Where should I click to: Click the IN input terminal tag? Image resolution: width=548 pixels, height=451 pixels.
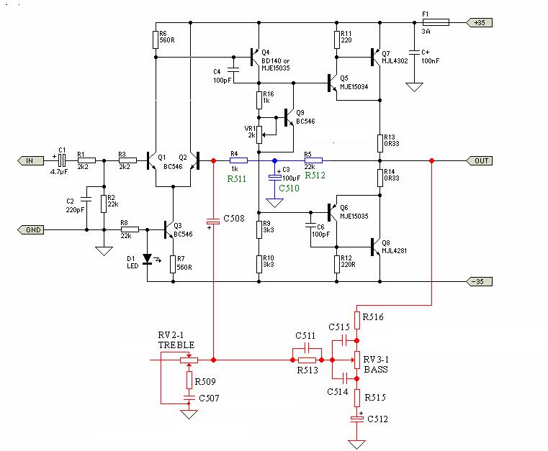click(x=30, y=160)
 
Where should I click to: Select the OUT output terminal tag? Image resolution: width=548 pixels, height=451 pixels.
click(x=480, y=160)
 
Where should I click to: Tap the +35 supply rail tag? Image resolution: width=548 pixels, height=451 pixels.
click(x=479, y=23)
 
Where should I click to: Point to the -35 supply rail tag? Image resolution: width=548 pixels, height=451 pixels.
click(x=479, y=281)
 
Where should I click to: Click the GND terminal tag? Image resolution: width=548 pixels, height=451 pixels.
click(x=30, y=229)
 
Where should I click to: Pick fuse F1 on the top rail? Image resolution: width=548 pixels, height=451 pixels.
click(x=436, y=23)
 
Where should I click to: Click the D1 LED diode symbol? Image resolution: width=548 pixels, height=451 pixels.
click(x=148, y=259)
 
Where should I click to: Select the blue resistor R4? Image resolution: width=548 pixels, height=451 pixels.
click(x=238, y=160)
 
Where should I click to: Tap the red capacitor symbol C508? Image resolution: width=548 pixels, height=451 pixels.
click(x=213, y=222)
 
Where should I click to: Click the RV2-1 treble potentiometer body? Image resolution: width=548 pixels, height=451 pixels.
click(x=189, y=360)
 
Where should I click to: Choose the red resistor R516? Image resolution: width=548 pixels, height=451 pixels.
click(x=357, y=321)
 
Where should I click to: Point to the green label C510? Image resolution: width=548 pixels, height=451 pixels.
click(x=289, y=188)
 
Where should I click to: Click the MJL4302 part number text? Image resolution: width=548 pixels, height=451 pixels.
click(x=395, y=60)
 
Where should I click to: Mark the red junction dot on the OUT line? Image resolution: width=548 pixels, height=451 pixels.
click(x=431, y=160)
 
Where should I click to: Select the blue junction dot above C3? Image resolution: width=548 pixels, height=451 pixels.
click(x=274, y=160)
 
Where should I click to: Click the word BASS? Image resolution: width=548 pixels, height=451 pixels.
click(x=376, y=369)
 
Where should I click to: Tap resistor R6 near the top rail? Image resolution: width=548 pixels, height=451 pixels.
click(x=156, y=40)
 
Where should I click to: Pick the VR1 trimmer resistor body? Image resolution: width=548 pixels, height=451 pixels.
click(x=259, y=135)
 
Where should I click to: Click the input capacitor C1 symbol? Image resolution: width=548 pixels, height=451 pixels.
click(x=62, y=160)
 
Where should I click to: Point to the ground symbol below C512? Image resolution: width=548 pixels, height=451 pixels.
click(x=357, y=445)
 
